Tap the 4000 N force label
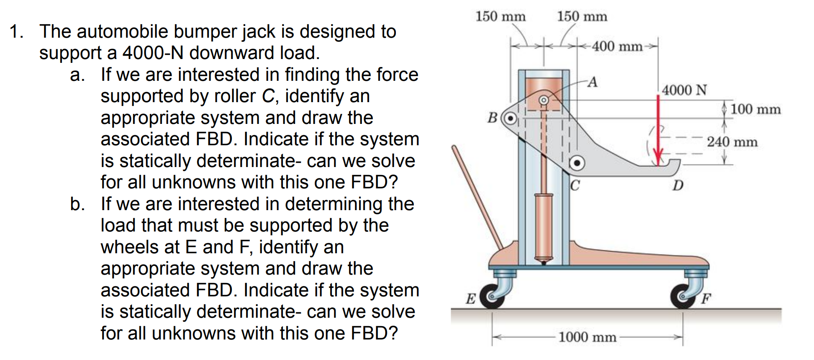684,90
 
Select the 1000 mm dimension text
587,337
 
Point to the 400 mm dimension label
617,46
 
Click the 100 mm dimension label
755,109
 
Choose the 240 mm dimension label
732,142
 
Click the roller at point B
510,118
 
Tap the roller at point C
577,163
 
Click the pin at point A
543,100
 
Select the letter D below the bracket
678,185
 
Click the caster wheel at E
492,296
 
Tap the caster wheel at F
683,296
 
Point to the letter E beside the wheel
471,298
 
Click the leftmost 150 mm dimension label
500,16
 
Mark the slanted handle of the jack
477,197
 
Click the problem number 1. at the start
16,32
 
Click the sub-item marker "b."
77,204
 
